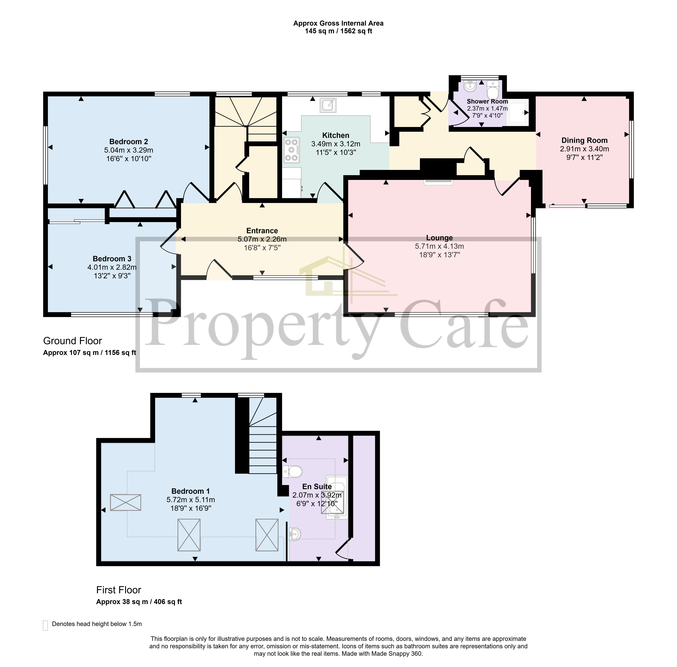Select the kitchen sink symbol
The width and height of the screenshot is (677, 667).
[x=328, y=105]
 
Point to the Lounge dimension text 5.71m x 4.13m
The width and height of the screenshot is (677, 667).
[x=439, y=246]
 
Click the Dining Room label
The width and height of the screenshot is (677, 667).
[x=584, y=140]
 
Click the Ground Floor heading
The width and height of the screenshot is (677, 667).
[x=73, y=341]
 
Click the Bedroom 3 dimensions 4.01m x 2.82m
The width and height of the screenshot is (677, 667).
[x=112, y=267]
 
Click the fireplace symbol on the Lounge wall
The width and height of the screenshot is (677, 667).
[x=438, y=182]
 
